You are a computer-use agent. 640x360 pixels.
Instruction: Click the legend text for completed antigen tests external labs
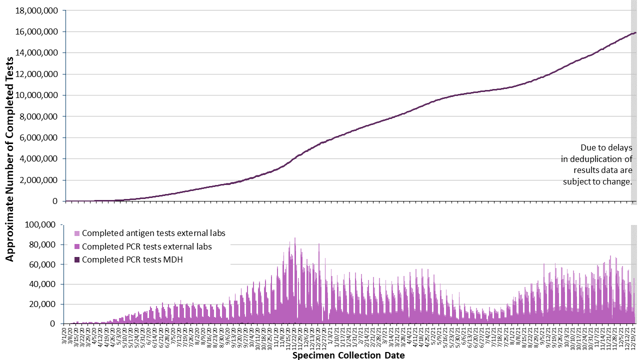click(x=153, y=233)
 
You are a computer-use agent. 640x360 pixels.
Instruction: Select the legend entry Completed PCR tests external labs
click(x=146, y=246)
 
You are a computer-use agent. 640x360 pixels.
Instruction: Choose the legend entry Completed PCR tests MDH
click(x=131, y=259)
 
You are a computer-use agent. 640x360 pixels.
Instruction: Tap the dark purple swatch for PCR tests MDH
click(x=76, y=259)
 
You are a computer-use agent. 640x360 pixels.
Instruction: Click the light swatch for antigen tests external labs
click(x=76, y=233)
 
